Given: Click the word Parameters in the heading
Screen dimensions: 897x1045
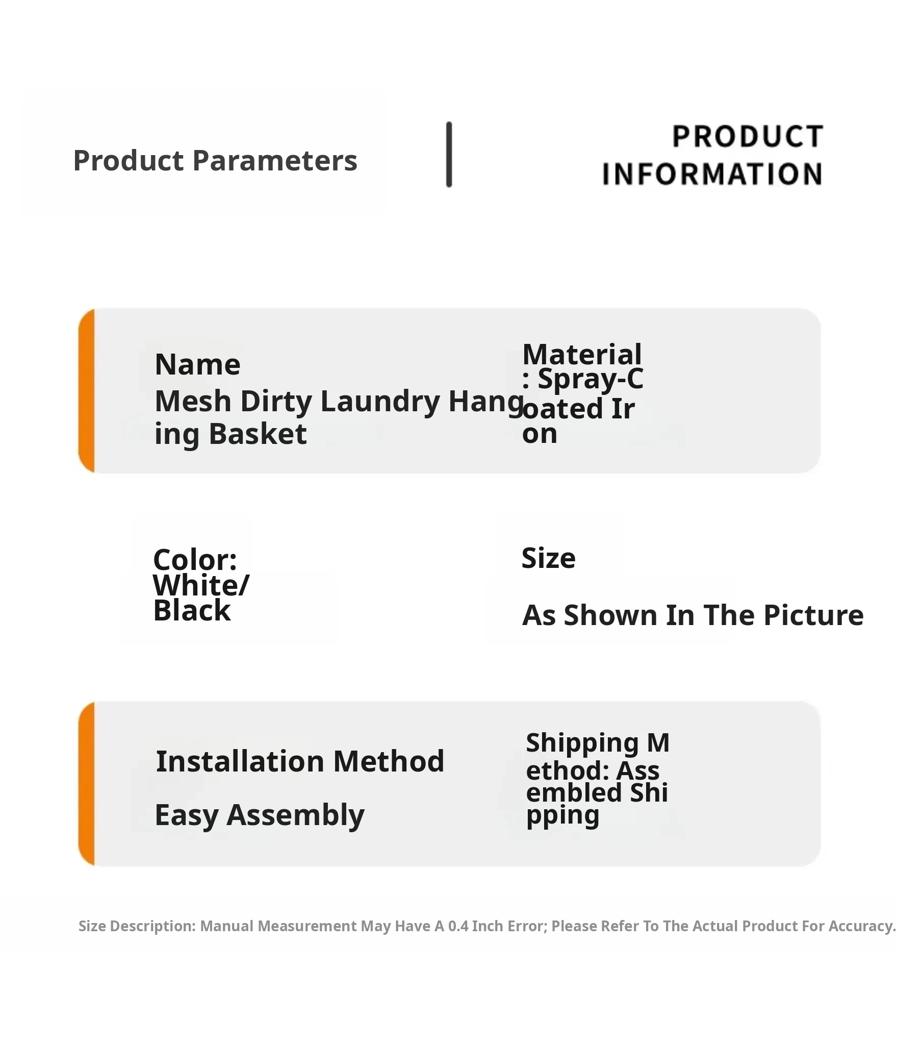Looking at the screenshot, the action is coord(275,161).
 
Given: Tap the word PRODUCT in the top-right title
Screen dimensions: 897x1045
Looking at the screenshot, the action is coord(748,137).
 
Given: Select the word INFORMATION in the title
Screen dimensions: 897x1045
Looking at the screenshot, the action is coord(712,174).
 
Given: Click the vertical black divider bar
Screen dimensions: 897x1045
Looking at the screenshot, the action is coord(449,155).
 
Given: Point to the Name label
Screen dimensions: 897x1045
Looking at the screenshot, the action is coord(197,365).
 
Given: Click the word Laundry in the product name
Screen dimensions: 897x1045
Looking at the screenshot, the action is coord(380,402).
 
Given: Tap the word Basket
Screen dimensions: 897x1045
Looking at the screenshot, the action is coord(258,434).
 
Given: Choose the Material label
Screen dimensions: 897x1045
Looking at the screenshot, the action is coord(582,354).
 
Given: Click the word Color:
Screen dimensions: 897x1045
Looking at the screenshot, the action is coord(195,560).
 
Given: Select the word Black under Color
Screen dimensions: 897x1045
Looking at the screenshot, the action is coord(192,610).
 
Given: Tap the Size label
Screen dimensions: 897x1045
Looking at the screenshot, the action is coord(548,558).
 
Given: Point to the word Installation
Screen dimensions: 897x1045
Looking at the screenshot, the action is coord(240,762).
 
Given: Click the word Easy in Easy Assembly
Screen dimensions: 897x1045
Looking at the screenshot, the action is coord(187,815).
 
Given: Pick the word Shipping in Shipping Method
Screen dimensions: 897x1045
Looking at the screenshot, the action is coord(582,743).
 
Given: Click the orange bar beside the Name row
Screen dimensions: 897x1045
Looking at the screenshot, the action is coord(87,390).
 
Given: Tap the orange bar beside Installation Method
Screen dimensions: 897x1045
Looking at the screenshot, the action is coord(87,784).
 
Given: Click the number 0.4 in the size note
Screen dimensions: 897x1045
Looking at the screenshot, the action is coord(458,926).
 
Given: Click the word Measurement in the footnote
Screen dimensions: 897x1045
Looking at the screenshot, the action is coord(307,926).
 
